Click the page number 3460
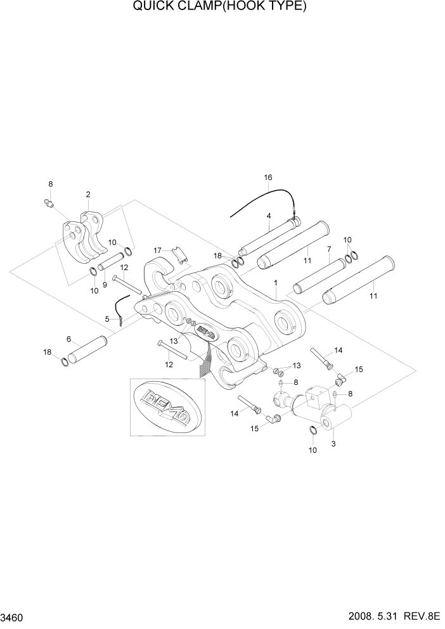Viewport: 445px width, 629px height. point(15,617)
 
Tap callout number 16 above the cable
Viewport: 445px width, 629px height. point(268,178)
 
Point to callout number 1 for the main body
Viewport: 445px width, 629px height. point(275,281)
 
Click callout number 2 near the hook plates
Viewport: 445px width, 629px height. point(87,194)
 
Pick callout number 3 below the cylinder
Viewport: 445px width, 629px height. point(333,444)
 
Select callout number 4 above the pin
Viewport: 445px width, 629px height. point(269,216)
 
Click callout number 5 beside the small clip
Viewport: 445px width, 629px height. point(108,319)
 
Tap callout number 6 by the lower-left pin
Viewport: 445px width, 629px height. point(68,339)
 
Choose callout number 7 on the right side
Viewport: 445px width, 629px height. point(329,249)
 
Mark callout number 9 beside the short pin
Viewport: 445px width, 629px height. point(105,267)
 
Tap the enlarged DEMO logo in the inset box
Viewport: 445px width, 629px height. point(167,408)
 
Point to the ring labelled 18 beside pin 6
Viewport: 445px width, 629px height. point(65,363)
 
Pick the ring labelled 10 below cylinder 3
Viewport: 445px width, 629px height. point(314,431)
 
